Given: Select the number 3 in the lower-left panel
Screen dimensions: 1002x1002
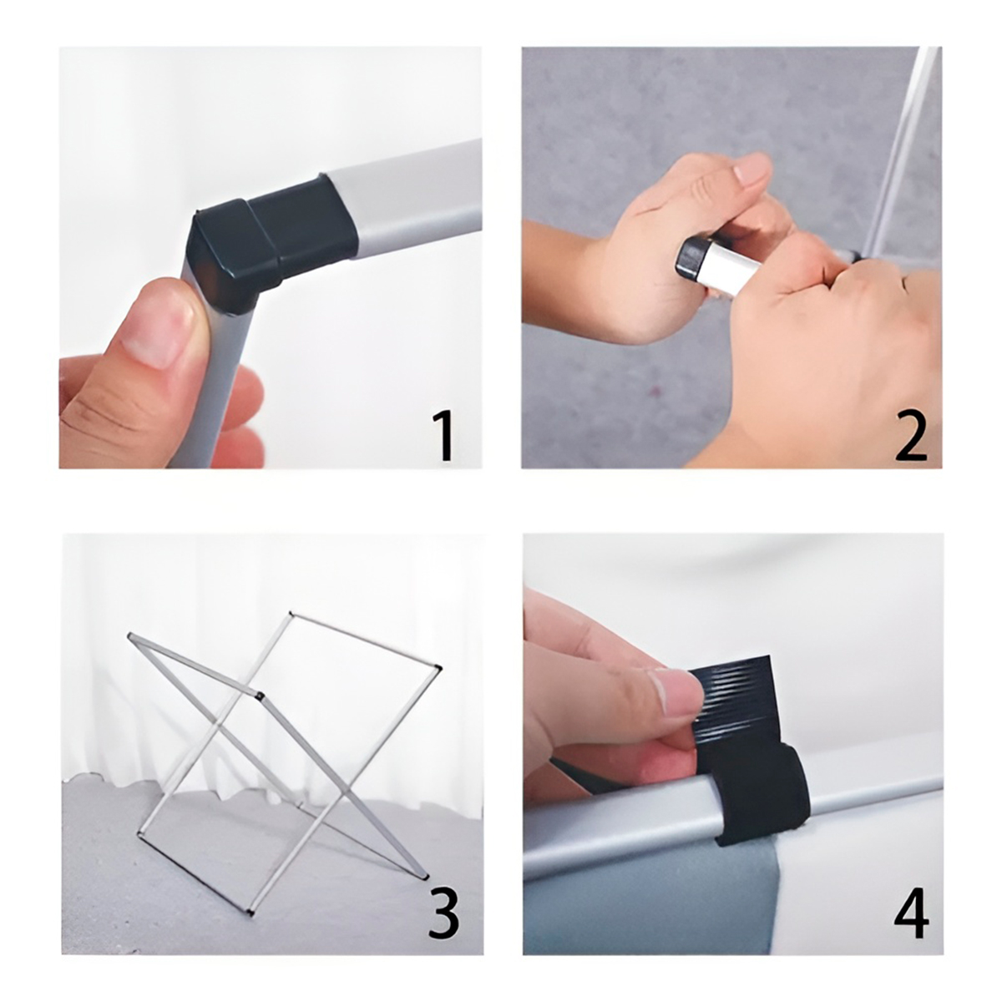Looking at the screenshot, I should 443,913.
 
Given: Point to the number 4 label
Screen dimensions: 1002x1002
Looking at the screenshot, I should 911,914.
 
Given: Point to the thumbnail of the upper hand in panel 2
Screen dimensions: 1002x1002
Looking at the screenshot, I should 751,170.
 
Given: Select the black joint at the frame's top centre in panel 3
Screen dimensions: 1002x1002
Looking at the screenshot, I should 259,695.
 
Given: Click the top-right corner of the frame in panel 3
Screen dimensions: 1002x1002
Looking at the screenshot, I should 438,667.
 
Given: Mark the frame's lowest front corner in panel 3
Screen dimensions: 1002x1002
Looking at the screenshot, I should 250,913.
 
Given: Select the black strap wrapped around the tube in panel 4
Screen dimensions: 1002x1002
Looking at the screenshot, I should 760,793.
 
